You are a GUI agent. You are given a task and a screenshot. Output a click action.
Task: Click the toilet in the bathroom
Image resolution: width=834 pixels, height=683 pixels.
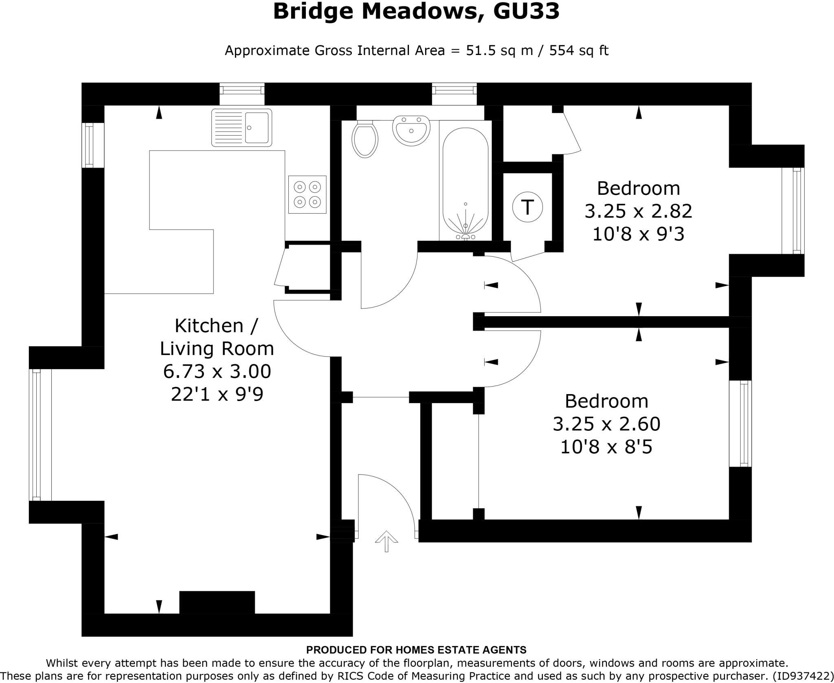point(365,139)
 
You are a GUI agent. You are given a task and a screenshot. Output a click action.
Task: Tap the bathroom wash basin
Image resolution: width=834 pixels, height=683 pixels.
point(411,129)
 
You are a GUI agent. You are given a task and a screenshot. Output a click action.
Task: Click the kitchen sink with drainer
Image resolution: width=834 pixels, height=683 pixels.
point(241,128)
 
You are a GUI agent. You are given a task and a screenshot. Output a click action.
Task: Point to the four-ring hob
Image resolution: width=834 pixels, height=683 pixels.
point(307,194)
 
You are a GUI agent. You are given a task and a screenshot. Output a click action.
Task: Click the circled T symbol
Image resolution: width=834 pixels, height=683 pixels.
point(527,207)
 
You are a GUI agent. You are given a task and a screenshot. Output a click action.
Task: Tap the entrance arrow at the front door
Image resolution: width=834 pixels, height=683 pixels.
point(386,541)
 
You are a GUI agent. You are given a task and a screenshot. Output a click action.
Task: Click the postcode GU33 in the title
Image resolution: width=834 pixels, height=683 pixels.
point(526,11)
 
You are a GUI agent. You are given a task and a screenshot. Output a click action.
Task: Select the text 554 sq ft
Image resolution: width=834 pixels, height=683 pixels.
point(579,51)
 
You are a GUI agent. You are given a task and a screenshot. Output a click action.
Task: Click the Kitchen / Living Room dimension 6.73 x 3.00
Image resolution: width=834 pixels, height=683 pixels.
point(217,371)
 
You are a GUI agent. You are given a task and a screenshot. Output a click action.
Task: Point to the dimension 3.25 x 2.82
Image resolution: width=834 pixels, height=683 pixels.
point(638,211)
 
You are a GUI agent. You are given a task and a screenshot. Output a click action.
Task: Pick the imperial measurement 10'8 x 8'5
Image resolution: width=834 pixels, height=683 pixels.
point(606,447)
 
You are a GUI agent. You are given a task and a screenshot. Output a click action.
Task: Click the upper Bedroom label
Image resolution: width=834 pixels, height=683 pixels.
point(638,188)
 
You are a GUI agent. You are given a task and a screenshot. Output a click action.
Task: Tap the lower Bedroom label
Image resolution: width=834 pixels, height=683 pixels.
point(606,401)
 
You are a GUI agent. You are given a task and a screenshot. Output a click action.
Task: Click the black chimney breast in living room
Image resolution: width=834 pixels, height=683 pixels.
point(217,602)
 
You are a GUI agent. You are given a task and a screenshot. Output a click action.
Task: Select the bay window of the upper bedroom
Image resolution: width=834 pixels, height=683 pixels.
point(792,211)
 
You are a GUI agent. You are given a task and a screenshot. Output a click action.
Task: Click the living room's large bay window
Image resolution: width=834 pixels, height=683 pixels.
point(40,435)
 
